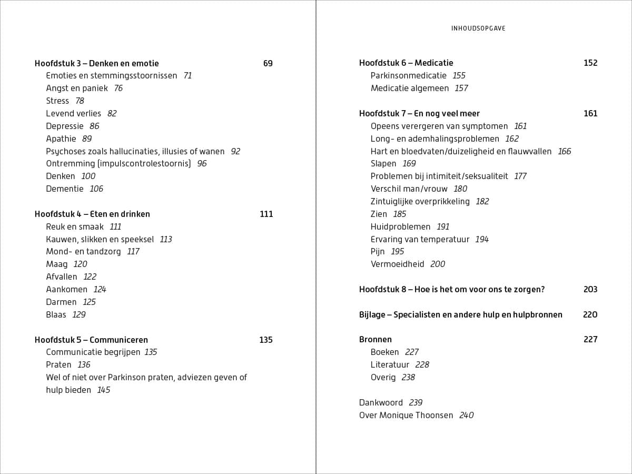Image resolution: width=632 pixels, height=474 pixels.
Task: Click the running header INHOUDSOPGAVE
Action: [x=478, y=28]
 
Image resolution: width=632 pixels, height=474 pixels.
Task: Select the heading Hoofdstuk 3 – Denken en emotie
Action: [x=96, y=63]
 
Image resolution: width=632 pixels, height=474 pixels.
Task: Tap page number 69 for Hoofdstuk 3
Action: [x=268, y=63]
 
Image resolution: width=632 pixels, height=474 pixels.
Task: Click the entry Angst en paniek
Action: [x=77, y=88]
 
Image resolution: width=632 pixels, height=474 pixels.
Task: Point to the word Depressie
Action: [x=65, y=126]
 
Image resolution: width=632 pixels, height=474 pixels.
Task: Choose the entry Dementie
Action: [x=65, y=189]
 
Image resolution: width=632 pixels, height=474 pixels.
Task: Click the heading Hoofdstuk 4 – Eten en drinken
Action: [x=92, y=214]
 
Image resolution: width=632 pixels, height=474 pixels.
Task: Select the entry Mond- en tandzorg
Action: [x=83, y=252]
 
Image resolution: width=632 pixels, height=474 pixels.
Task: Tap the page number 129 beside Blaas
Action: [x=79, y=315]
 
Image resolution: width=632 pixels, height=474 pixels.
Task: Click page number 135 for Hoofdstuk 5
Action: [x=266, y=340]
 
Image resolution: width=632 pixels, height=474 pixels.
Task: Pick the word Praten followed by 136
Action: [x=58, y=365]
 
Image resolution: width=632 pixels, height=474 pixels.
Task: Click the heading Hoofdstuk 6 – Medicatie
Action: [x=406, y=63]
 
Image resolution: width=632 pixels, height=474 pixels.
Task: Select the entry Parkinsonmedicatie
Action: [x=409, y=76]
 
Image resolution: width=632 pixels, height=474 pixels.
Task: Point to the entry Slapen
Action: [x=383, y=164]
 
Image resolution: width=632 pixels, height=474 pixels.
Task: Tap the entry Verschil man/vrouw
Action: [x=409, y=189]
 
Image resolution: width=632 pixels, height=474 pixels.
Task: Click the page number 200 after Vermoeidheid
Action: [x=438, y=264]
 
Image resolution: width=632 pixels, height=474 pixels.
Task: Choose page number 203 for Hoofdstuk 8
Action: [x=590, y=290]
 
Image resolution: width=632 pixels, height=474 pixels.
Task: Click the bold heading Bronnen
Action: [x=376, y=340]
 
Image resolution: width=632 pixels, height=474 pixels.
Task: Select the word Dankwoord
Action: [x=381, y=403]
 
